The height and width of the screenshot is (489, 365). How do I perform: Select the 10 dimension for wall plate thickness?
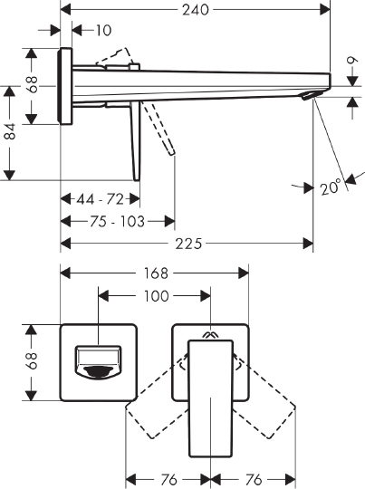pos(102,30)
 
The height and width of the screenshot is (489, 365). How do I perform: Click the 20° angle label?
pos(331,188)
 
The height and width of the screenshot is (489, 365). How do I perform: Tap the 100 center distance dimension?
pos(155,295)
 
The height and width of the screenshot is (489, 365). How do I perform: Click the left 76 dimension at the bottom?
pos(168,479)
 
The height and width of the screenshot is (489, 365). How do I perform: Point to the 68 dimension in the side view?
pos(33,87)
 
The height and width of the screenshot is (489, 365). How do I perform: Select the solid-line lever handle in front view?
pos(210,398)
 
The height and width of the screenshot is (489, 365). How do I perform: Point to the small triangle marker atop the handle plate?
pos(210,333)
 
